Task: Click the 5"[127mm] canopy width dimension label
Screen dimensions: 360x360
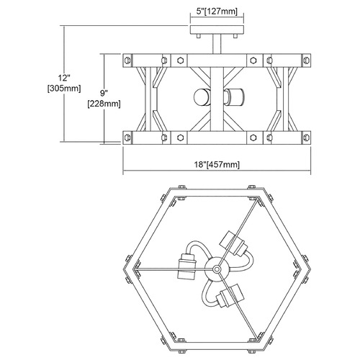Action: pyautogui.click(x=217, y=12)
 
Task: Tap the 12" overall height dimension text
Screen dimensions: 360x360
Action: pyautogui.click(x=64, y=78)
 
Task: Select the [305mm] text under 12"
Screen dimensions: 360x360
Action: pyautogui.click(x=64, y=89)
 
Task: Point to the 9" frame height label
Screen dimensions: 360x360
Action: pyautogui.click(x=104, y=94)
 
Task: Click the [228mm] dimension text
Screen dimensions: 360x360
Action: pyautogui.click(x=104, y=104)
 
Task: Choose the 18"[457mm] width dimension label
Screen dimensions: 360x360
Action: pyautogui.click(x=217, y=164)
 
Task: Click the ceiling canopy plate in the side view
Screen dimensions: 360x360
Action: pyautogui.click(x=217, y=30)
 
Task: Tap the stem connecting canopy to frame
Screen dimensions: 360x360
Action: pyautogui.click(x=217, y=44)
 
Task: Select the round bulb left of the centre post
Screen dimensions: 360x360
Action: pyautogui.click(x=202, y=97)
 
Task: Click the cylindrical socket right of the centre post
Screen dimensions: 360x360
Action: pyautogui.click(x=234, y=97)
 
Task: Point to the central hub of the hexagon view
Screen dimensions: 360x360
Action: pyautogui.click(x=217, y=269)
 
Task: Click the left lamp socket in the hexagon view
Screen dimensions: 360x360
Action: pyautogui.click(x=186, y=265)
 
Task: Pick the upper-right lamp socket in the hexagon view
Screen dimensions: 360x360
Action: pyautogui.click(x=233, y=243)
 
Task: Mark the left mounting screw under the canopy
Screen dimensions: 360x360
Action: pyautogui.click(x=198, y=36)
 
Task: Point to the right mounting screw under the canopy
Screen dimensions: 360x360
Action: pyautogui.click(x=235, y=36)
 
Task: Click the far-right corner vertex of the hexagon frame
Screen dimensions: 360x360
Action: pyautogui.click(x=311, y=269)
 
